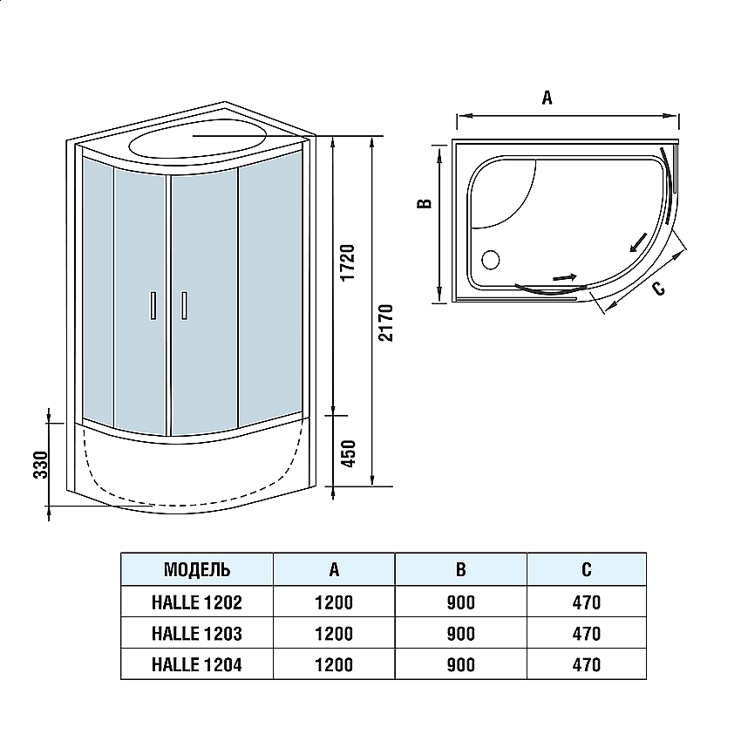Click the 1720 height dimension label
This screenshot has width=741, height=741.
[348, 262]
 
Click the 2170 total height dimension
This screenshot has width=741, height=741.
[387, 323]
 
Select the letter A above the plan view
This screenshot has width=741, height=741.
[547, 98]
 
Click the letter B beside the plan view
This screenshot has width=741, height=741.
[424, 204]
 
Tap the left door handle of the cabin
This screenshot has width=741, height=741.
[153, 306]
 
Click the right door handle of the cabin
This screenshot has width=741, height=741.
[184, 306]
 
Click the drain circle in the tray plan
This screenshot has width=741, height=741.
[492, 259]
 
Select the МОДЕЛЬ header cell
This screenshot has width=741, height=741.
[197, 570]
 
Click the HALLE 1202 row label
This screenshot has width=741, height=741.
[197, 602]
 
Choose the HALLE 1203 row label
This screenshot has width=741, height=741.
[197, 634]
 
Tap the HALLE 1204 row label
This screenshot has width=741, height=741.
[197, 665]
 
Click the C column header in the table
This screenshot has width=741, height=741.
[587, 570]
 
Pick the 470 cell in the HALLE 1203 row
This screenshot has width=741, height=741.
[587, 634]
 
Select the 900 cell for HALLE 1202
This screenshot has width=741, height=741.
[461, 602]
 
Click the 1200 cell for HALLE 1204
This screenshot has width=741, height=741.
[335, 665]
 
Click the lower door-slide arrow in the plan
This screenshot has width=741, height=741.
[565, 277]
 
